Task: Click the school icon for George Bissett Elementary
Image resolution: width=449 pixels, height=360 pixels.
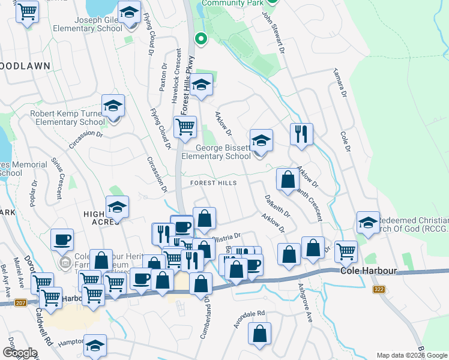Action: click(261, 141)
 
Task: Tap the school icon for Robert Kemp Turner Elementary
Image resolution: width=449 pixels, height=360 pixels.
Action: click(113, 106)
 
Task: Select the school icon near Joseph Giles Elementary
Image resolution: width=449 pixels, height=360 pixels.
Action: click(128, 12)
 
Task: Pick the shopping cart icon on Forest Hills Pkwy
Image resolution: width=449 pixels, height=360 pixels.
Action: click(185, 127)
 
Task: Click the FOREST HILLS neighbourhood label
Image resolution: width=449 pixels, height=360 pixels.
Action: click(214, 182)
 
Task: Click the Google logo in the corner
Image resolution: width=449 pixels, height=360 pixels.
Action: click(19, 353)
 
